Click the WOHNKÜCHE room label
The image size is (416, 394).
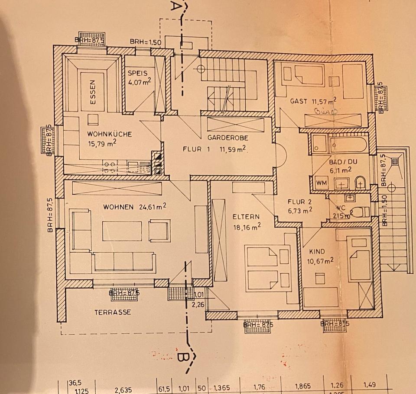click(109, 134)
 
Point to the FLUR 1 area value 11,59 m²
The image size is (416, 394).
click(233, 150)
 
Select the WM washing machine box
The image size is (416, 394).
click(321, 183)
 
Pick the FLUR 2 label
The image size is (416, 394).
click(300, 202)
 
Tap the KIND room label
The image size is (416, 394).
click(316, 251)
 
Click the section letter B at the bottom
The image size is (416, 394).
click(182, 358)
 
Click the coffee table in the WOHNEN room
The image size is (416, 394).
click(122, 231)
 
